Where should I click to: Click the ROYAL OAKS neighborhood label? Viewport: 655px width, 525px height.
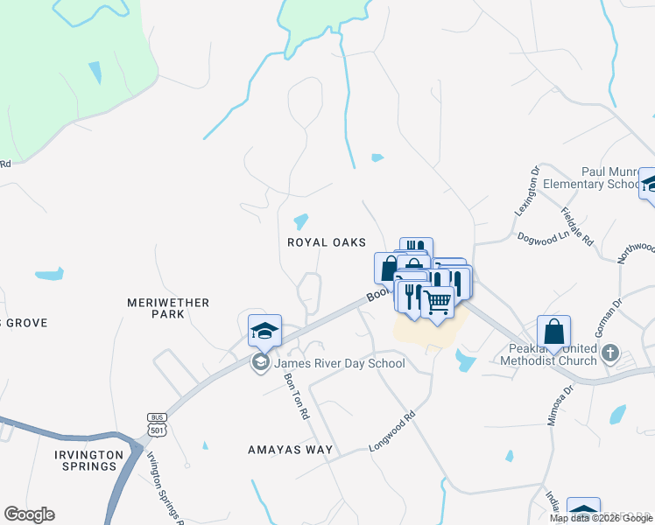[326, 242]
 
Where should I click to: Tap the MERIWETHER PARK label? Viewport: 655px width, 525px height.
[168, 308]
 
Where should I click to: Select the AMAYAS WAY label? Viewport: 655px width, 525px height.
[290, 450]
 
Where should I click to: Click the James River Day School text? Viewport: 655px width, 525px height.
[340, 363]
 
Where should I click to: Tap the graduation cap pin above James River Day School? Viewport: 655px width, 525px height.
[264, 331]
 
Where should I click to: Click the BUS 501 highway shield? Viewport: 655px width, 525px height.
[158, 423]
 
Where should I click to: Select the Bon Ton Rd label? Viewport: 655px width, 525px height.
[297, 395]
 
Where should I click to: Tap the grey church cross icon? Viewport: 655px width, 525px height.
[611, 354]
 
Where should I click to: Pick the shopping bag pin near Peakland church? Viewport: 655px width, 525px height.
[553, 332]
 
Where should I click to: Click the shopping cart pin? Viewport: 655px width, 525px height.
[437, 303]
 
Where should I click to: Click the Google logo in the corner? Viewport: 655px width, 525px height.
[29, 514]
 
